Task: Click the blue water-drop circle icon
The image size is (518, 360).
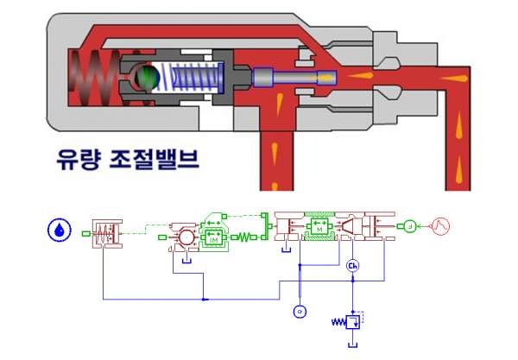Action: click(58, 232)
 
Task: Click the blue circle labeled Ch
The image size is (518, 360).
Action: click(352, 266)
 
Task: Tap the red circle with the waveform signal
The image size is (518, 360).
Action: click(441, 227)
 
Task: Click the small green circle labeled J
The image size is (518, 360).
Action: click(409, 227)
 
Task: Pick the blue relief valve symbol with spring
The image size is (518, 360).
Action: click(351, 322)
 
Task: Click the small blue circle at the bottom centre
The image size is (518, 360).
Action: click(299, 310)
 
